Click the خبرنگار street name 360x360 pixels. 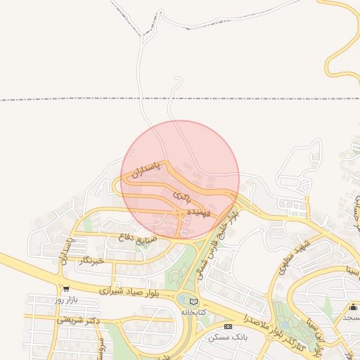coord(92,261)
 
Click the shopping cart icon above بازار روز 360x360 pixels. coord(66,288)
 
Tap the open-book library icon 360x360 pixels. coord(195,301)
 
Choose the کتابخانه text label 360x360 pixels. coord(195,311)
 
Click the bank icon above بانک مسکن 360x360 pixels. coord(228,327)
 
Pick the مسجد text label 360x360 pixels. coord(352,319)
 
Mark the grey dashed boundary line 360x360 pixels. coord(70,99)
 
